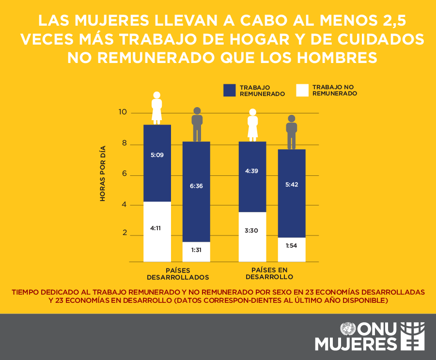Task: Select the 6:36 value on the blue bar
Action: (196, 186)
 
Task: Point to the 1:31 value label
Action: (196, 250)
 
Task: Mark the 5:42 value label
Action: (292, 184)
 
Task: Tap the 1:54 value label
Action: (291, 246)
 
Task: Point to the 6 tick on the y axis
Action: (124, 174)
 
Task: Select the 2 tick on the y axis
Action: (124, 233)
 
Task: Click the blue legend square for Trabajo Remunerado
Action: (230, 91)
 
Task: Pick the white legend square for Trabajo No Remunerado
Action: (303, 91)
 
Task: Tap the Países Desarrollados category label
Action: (178, 274)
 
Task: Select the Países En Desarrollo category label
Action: (269, 273)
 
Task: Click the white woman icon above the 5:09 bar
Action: (156, 108)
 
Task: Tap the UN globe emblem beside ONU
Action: (347, 330)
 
